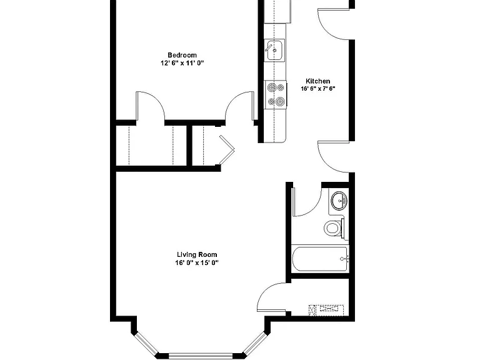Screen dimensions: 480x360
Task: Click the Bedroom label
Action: tap(182, 55)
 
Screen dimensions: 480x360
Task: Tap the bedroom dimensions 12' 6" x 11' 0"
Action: tap(182, 63)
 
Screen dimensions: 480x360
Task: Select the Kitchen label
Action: tap(318, 81)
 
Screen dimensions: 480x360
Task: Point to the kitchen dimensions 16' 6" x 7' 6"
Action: tap(318, 89)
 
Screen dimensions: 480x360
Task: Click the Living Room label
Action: tap(197, 255)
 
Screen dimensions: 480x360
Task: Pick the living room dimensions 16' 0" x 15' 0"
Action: tap(197, 262)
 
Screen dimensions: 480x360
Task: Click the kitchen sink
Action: tap(274, 50)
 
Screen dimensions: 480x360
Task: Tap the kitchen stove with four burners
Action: tap(276, 94)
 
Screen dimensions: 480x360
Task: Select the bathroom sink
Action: tap(339, 201)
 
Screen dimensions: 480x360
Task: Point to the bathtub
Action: tap(320, 259)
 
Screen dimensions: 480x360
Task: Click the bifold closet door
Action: tap(227, 150)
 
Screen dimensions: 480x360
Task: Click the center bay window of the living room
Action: tap(201, 356)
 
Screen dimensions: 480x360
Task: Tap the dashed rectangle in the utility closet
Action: tap(326, 310)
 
